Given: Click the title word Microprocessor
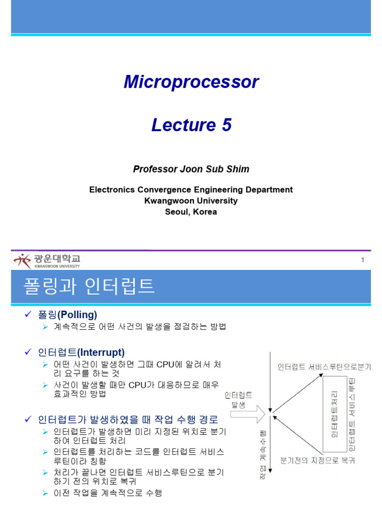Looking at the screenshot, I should coord(191,82).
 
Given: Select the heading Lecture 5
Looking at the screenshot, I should coord(191,125).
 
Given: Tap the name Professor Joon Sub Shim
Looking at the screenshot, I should coord(191,169).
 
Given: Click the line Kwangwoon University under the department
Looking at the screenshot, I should coord(191,201).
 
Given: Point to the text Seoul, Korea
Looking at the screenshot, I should coord(191,212).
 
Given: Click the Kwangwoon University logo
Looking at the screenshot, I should coord(47,260).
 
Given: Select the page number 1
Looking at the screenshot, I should coord(363,260).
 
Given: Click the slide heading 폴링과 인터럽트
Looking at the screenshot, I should coord(89,286).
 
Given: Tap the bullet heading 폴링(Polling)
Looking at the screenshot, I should coord(67,315).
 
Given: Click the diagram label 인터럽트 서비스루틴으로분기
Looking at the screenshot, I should coord(324,367).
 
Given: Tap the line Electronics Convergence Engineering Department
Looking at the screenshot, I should coord(191,190).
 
